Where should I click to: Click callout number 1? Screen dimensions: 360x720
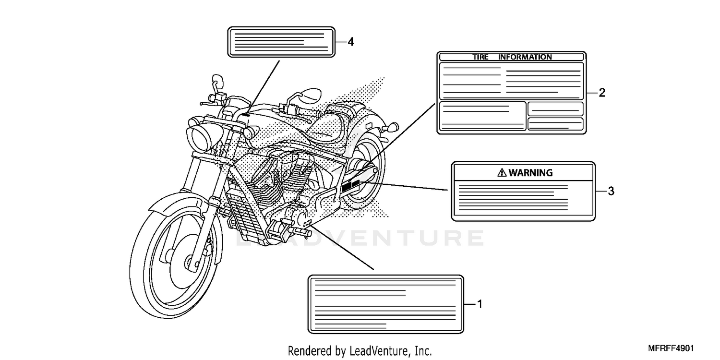coord(480,304)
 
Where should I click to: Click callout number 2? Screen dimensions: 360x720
coord(602,93)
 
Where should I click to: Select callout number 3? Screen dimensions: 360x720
coord(611,191)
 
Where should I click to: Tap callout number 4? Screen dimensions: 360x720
coord(351,42)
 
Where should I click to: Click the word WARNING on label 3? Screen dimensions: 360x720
coord(530,173)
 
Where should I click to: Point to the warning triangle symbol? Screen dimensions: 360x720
coord(502,173)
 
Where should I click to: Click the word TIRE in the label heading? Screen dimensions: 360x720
coord(480,57)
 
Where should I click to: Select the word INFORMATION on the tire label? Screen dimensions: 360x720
coord(525,57)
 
